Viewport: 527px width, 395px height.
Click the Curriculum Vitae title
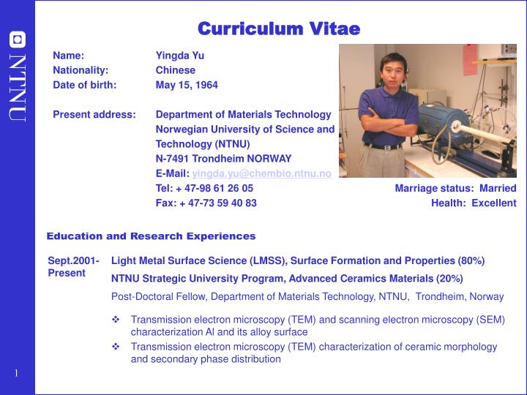[x=279, y=29]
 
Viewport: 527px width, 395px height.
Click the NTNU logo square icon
[x=17, y=39]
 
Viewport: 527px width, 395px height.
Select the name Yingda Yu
[x=179, y=56]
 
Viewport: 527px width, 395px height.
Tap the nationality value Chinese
[x=176, y=70]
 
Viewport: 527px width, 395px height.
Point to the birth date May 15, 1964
[x=187, y=85]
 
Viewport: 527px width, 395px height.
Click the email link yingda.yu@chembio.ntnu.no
[x=261, y=173]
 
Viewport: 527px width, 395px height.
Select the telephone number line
[x=204, y=188]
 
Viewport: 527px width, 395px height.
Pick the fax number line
[x=206, y=203]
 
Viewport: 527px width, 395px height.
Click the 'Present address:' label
[x=94, y=114]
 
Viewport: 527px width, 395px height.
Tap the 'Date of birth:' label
[x=84, y=85]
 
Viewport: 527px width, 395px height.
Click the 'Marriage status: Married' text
[x=455, y=188]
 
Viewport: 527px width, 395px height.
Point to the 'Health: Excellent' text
[x=474, y=203]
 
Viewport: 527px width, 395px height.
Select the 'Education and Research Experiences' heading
[x=151, y=236]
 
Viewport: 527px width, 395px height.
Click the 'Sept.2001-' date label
[x=73, y=260]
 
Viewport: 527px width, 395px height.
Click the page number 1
[x=16, y=374]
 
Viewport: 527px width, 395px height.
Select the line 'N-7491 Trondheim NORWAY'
[x=223, y=158]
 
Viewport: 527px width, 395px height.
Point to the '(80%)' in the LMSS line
[x=471, y=260]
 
